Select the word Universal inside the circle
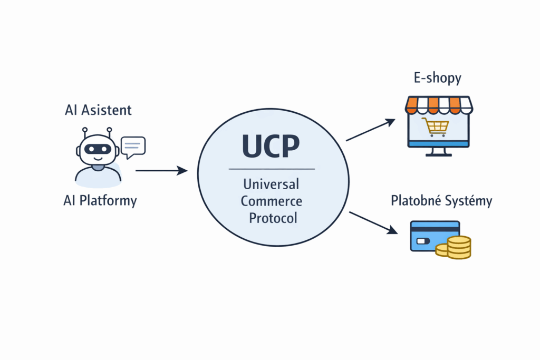(271, 184)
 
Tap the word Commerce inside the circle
(272, 201)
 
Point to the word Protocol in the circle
(272, 218)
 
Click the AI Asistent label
(98, 110)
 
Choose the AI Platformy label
(100, 201)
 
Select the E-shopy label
(437, 79)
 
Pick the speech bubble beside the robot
(132, 146)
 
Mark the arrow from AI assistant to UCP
(161, 170)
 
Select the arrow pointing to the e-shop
(370, 130)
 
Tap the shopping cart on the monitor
(436, 127)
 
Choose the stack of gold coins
(456, 248)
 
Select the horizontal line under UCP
(272, 169)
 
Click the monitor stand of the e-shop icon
(437, 152)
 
